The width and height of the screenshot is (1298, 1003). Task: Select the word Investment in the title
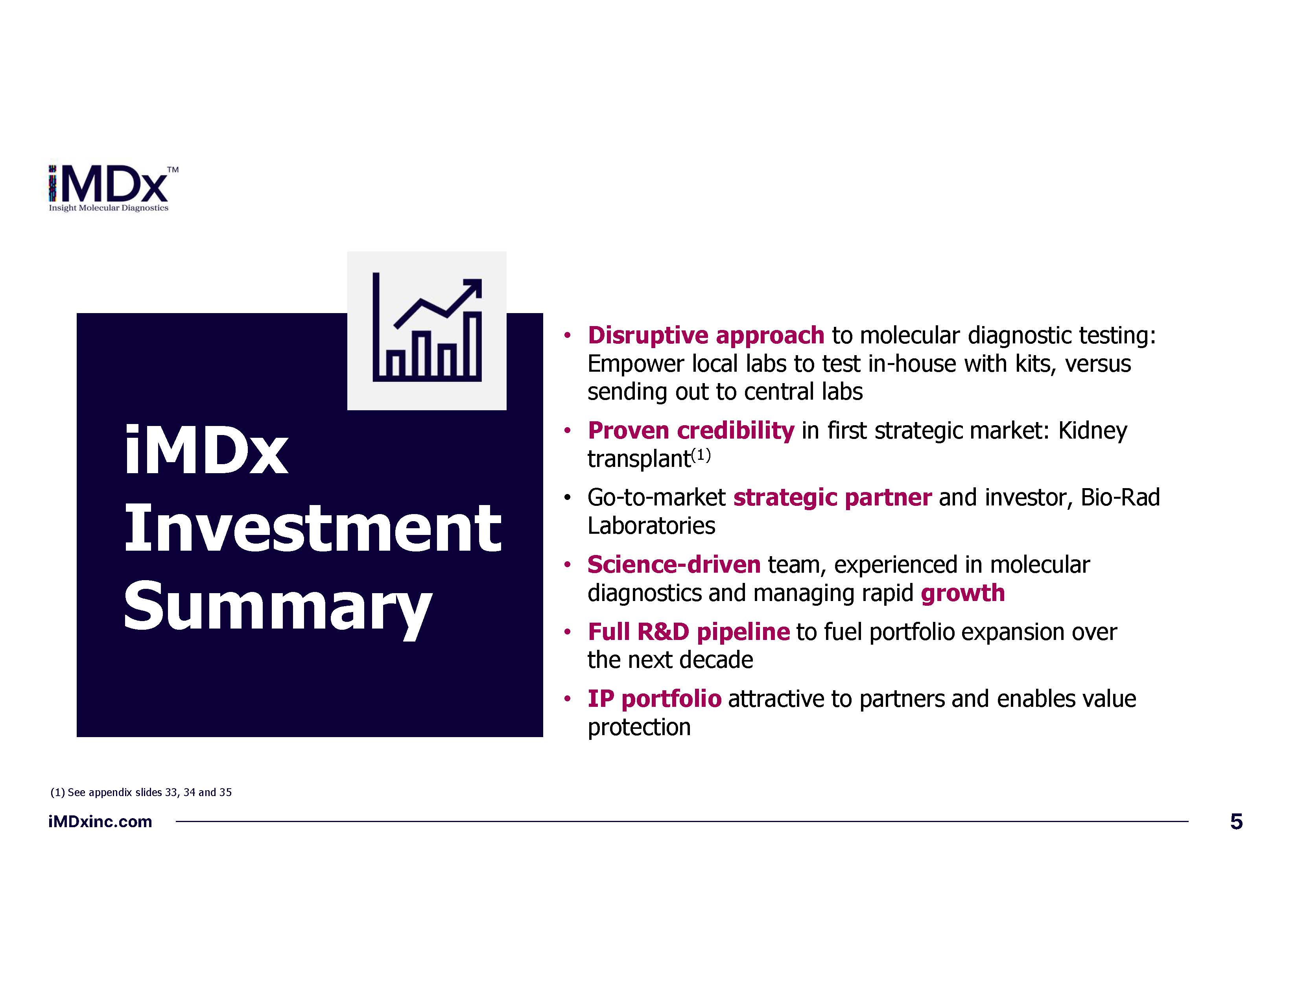pyautogui.click(x=313, y=527)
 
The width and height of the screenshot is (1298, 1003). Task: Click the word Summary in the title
pyautogui.click(x=278, y=608)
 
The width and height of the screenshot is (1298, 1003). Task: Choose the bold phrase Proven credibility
pyautogui.click(x=691, y=431)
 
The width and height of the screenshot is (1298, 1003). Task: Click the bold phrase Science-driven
pyautogui.click(x=674, y=564)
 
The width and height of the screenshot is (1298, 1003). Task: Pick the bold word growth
pyautogui.click(x=963, y=594)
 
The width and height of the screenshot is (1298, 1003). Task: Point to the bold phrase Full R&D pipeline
pyautogui.click(x=689, y=632)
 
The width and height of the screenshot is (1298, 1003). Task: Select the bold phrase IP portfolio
pyautogui.click(x=655, y=699)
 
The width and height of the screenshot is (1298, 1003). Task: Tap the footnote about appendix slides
pyautogui.click(x=141, y=792)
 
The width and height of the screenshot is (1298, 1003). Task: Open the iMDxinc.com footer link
pyautogui.click(x=100, y=822)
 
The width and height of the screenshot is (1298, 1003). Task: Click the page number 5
pyautogui.click(x=1236, y=822)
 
